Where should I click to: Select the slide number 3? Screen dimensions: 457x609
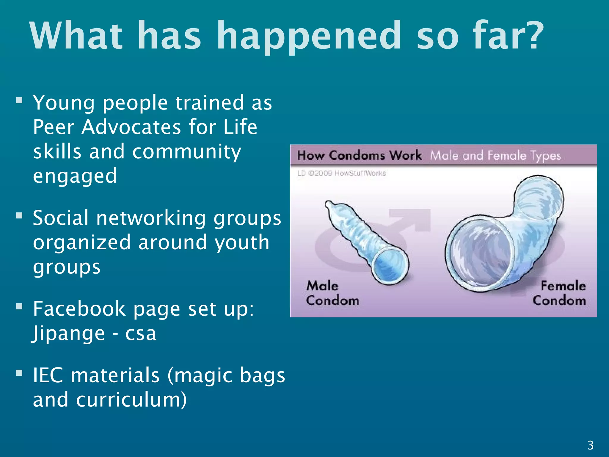[x=591, y=445]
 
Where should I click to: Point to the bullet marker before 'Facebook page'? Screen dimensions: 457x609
[x=19, y=306]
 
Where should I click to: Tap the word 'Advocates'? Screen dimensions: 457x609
[x=131, y=127]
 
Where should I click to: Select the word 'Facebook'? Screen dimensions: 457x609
[x=79, y=309]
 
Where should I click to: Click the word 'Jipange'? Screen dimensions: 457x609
[x=68, y=334]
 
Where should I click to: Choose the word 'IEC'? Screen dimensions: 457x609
[x=48, y=375]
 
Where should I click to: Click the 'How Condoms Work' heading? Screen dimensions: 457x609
[x=359, y=155]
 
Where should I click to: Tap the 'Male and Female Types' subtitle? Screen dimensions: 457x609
[x=495, y=156]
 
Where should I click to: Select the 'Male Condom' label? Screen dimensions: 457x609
[x=332, y=293]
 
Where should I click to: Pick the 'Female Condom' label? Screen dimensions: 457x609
[x=559, y=293]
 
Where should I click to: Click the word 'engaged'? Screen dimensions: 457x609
[x=75, y=176]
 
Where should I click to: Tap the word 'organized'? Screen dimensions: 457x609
[x=82, y=243]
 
